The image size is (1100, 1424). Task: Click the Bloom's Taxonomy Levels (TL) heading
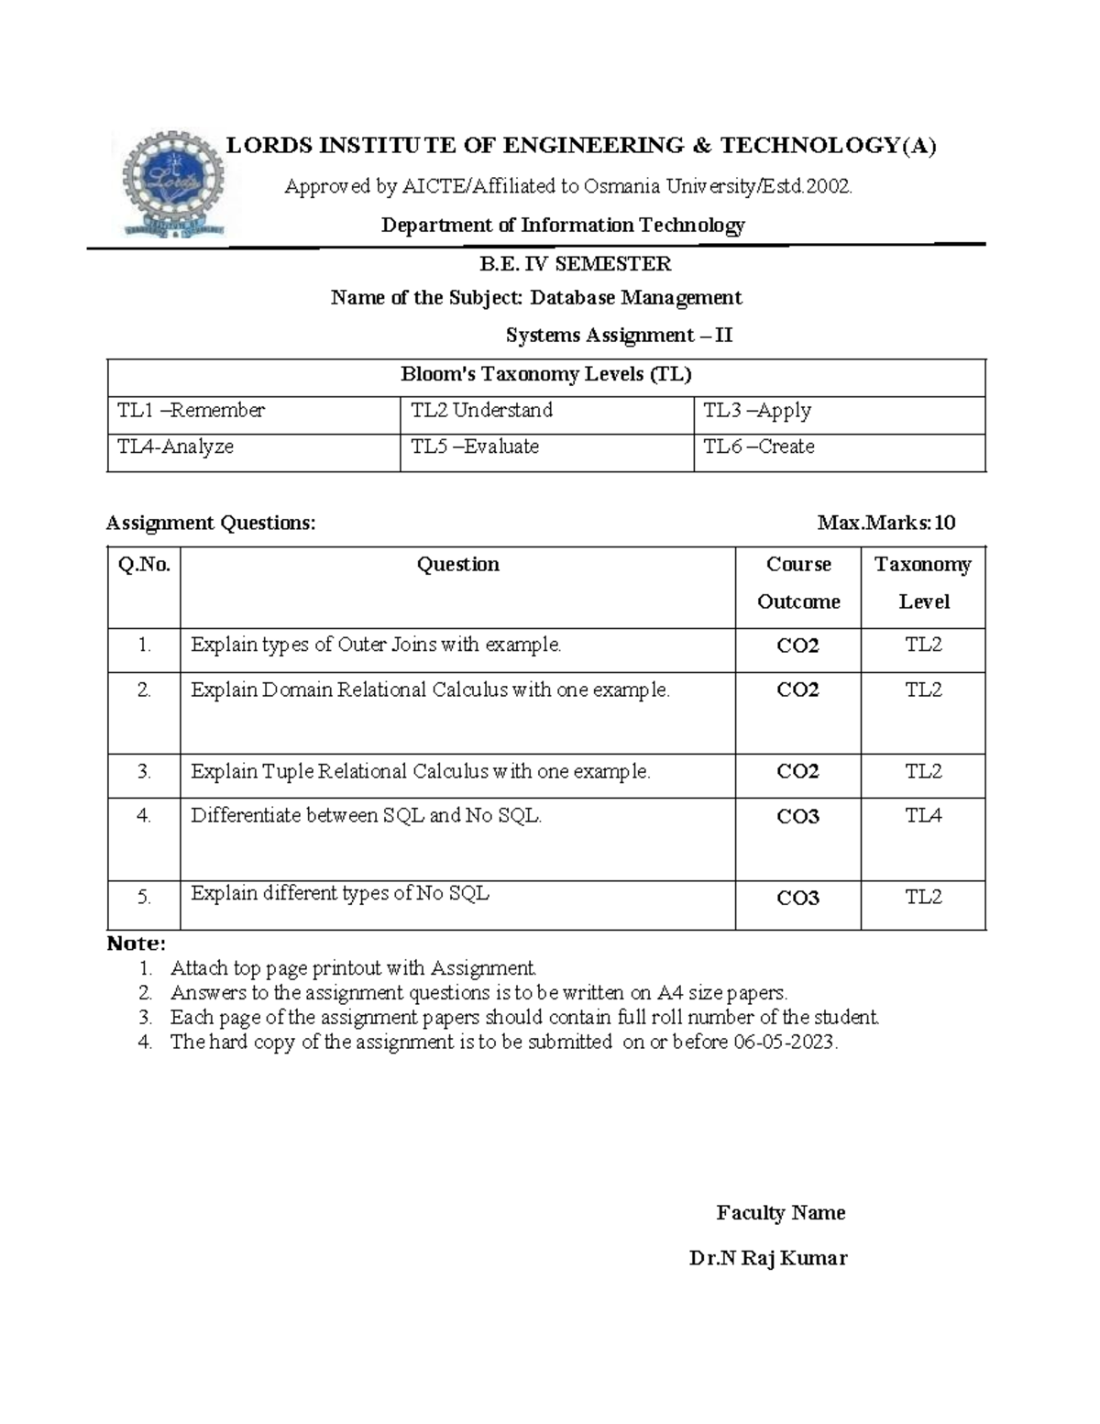pos(545,375)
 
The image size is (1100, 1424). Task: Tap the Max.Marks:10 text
pos(885,524)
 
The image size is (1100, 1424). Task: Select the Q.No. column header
pos(144,565)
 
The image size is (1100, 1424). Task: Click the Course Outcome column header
pos(797,583)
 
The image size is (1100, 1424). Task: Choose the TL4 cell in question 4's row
pos(923,816)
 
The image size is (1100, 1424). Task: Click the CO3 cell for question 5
pos(797,899)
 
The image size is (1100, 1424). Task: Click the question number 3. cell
pos(144,772)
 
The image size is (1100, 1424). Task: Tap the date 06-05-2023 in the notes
pos(785,1043)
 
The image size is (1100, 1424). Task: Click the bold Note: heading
pos(136,944)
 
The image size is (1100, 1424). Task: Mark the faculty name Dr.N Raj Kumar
pos(767,1258)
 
